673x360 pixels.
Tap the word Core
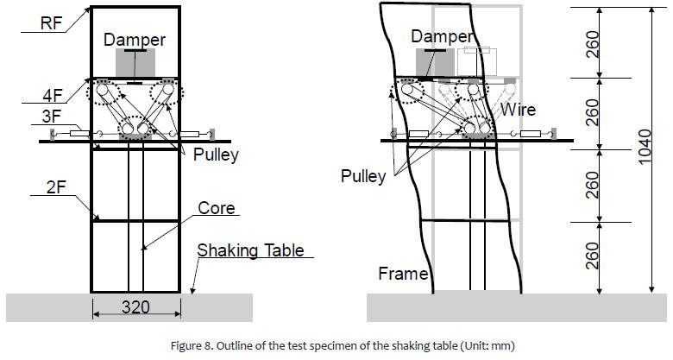pos(217,209)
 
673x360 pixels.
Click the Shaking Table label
pos(250,250)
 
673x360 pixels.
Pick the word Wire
pos(519,111)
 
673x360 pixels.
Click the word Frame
pos(404,275)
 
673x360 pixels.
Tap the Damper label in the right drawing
pos(442,36)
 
